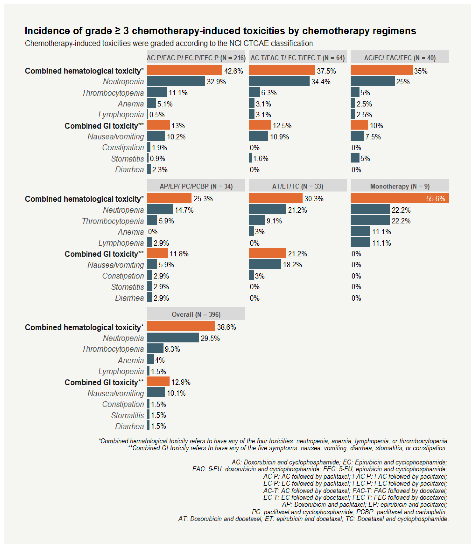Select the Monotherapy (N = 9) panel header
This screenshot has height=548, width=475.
tap(399, 186)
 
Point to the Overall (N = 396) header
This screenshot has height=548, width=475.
tap(196, 314)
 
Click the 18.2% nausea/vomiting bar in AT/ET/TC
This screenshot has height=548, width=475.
tap(265, 264)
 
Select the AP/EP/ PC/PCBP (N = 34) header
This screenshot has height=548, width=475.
tap(196, 186)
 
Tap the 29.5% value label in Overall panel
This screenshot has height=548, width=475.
tap(210, 338)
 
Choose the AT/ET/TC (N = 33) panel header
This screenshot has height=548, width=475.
tap(298, 186)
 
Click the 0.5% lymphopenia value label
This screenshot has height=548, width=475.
tap(157, 115)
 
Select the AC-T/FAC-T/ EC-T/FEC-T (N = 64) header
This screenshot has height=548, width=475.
tap(298, 58)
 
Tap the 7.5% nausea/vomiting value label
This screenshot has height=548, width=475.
tap(373, 137)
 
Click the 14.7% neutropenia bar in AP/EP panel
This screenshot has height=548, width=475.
tap(160, 210)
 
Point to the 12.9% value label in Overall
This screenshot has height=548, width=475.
tap(181, 382)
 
